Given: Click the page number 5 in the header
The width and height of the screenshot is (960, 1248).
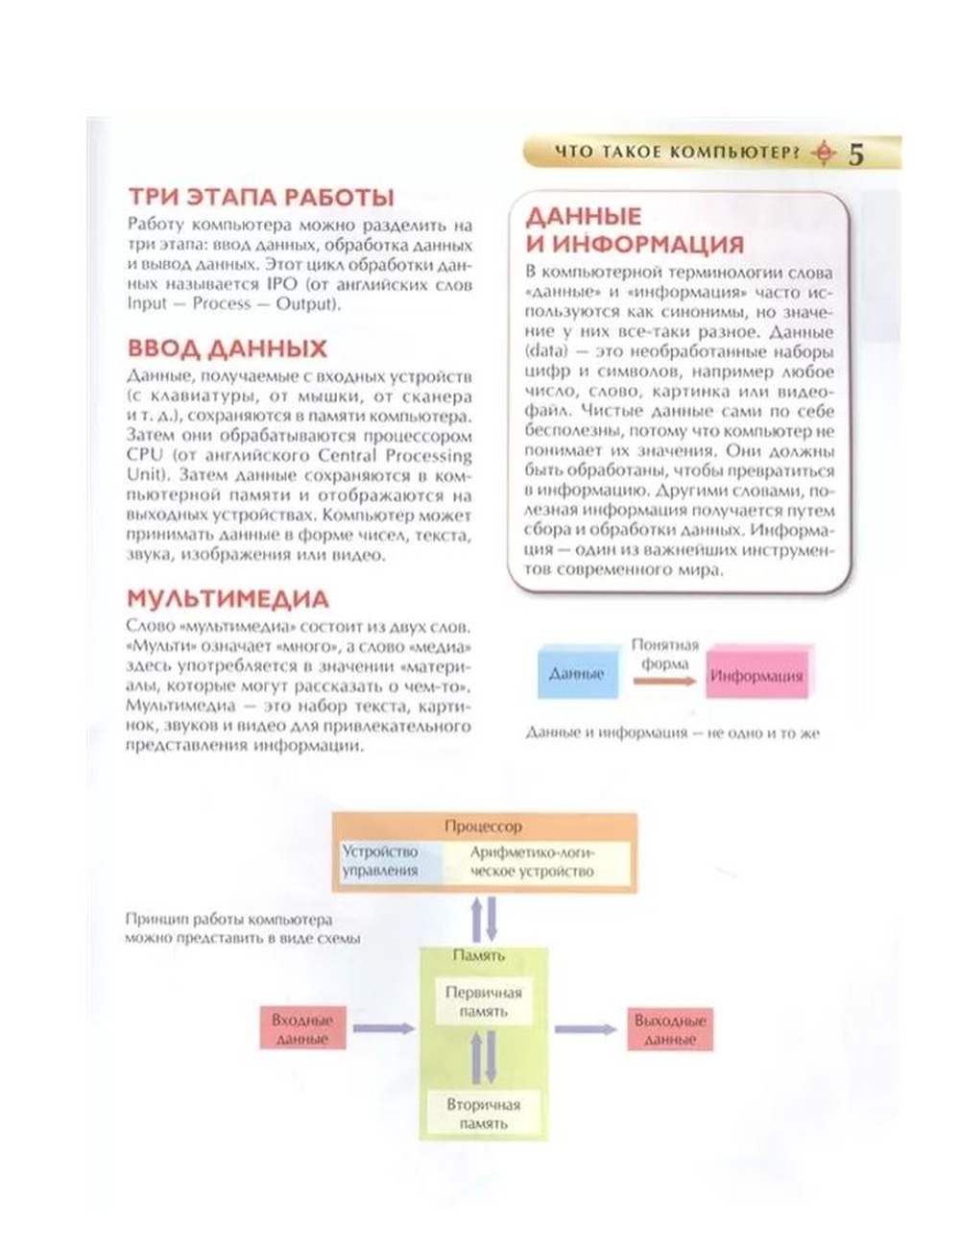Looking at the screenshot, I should point(856,155).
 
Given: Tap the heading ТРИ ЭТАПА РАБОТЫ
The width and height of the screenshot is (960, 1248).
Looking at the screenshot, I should point(261,198).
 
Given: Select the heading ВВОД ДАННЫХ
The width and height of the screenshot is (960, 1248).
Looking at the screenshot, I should point(228,348).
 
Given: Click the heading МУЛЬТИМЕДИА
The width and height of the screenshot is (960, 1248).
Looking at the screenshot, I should point(228,599).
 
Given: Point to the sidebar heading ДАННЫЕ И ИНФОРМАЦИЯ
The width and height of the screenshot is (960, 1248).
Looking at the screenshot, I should point(635,229).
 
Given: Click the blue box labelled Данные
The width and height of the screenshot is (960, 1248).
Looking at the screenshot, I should point(577,673).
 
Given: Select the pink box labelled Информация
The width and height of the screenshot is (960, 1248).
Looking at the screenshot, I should point(756,676).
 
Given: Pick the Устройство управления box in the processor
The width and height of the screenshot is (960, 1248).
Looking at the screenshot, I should point(382,861).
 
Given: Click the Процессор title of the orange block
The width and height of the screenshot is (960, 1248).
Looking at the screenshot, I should point(484,826).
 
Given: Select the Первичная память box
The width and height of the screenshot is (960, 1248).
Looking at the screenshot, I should point(484,1001).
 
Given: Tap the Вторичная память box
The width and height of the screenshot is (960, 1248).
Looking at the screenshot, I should point(484,1114).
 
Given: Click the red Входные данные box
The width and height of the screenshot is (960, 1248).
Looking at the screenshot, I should point(301,1029).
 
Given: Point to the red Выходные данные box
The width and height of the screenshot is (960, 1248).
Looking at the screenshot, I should point(670,1029).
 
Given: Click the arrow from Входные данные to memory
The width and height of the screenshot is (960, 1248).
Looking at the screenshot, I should point(383,1029).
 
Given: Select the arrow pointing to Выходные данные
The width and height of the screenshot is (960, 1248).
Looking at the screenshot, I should point(586,1029).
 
